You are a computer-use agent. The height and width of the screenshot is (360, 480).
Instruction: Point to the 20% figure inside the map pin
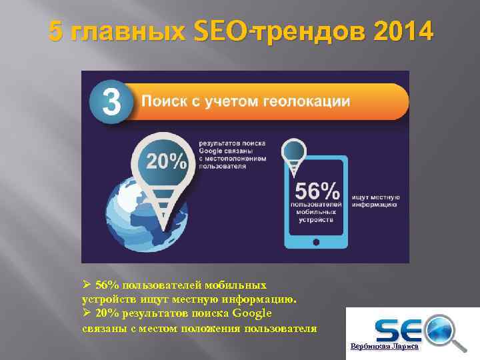167,161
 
